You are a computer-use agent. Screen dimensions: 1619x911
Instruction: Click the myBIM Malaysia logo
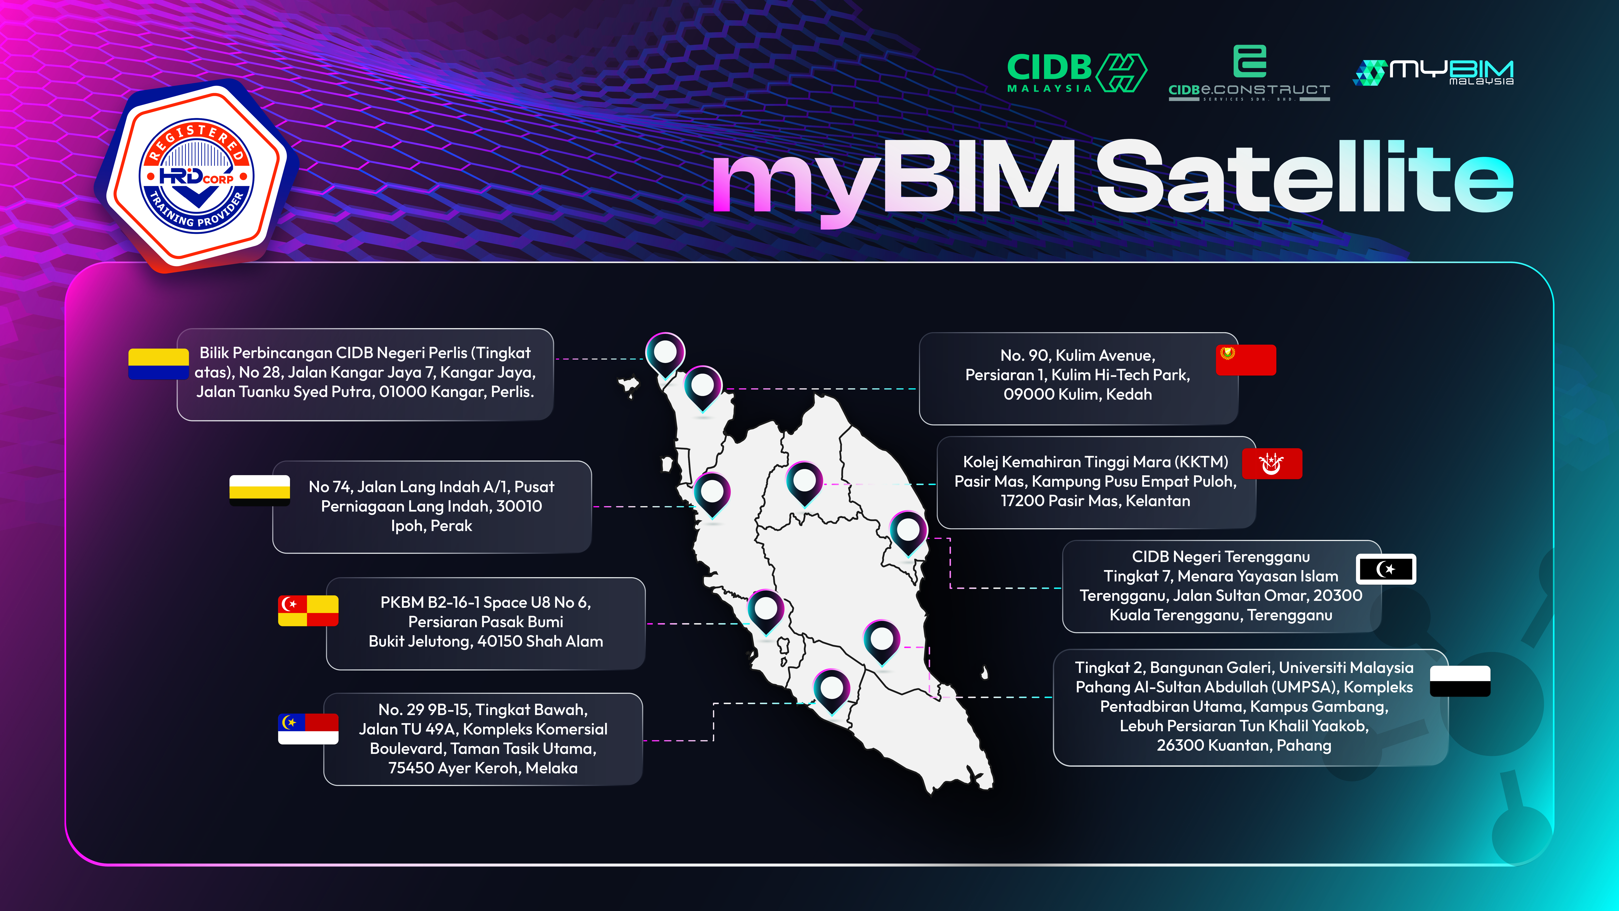tap(1433, 72)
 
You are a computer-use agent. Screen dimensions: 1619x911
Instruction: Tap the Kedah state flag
tap(1246, 360)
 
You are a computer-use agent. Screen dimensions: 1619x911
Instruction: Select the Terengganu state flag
tap(1386, 569)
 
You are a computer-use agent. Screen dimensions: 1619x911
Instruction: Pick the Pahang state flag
tap(1460, 681)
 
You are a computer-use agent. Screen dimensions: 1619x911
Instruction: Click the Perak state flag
tap(260, 490)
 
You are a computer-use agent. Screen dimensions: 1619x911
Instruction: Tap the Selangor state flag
tap(308, 611)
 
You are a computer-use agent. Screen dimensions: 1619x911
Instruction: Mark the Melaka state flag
tap(308, 729)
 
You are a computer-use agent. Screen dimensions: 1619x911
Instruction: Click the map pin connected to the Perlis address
tap(665, 354)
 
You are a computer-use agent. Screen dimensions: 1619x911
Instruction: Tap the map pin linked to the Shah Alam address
tap(766, 611)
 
